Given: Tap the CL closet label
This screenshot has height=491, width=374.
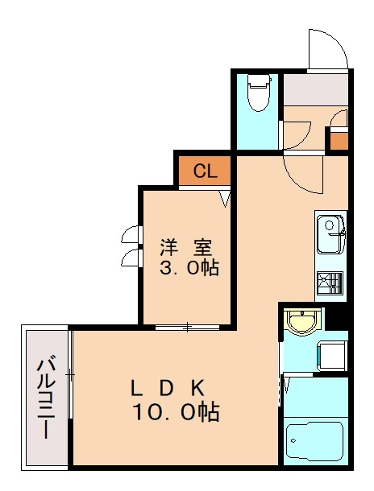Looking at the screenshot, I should (206, 171).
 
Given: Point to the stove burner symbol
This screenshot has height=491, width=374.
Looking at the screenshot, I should (330, 282).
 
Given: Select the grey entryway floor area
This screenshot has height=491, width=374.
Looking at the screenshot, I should (314, 90).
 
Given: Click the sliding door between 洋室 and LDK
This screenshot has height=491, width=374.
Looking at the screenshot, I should (187, 327).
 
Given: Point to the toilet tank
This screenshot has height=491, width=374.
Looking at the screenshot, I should (258, 80).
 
